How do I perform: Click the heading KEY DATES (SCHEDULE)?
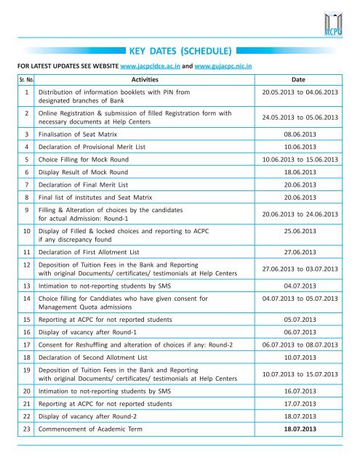[x=180, y=52]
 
